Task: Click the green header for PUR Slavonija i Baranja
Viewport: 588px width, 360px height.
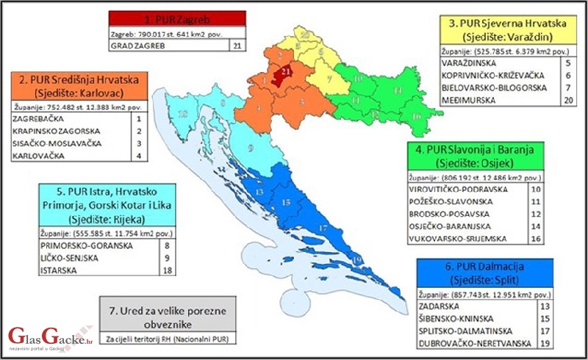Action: [x=478, y=156]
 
